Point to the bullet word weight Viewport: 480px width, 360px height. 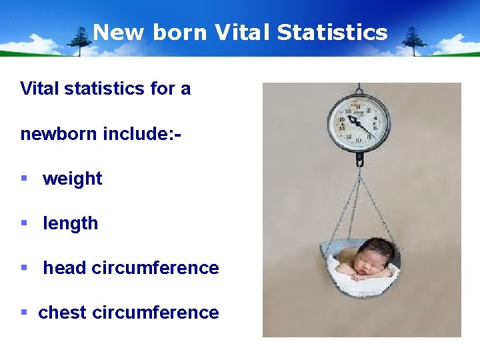[72, 179]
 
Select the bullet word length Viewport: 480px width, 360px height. [70, 223]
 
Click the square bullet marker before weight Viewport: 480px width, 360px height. [24, 178]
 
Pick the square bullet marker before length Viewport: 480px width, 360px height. [24, 223]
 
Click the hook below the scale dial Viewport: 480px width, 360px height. [359, 160]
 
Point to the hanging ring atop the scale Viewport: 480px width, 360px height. [359, 88]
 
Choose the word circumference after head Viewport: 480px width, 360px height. [155, 268]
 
